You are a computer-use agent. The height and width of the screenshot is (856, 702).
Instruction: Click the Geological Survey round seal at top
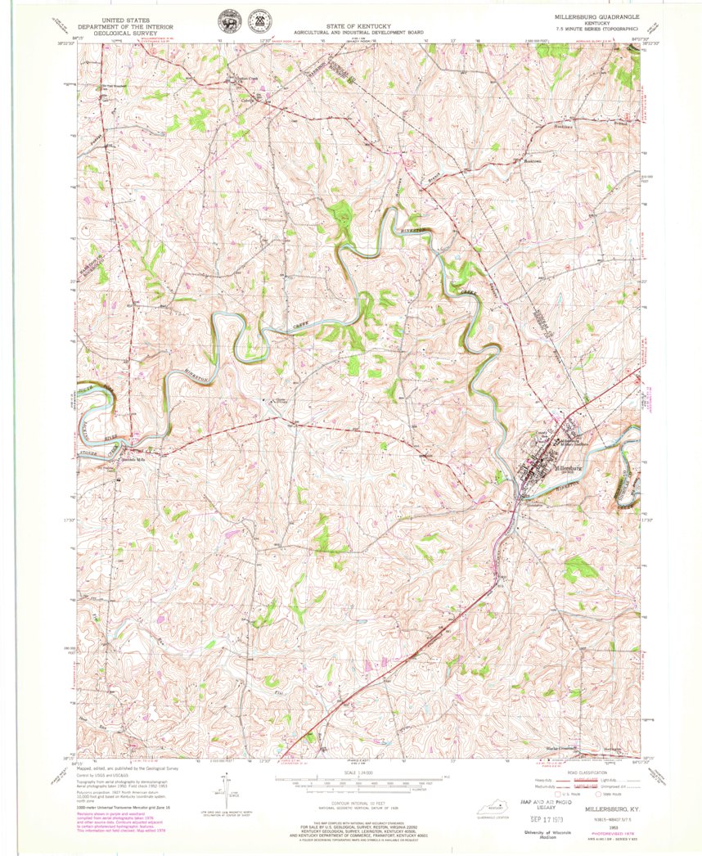[223, 22]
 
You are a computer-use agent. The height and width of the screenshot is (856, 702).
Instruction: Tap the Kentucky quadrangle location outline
[491, 804]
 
